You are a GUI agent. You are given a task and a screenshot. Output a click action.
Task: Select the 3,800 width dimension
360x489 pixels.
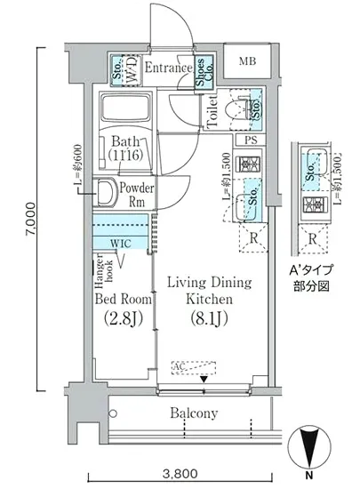pos(180,474)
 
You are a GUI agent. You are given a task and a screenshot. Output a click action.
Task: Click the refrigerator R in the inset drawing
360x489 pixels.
pos(312,237)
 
